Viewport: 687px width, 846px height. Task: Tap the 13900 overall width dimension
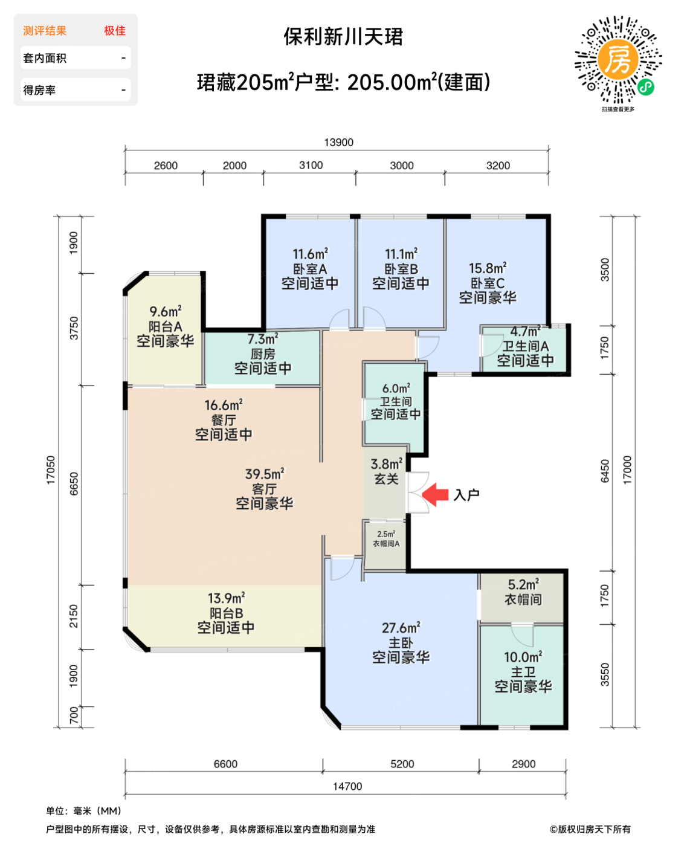coord(338,142)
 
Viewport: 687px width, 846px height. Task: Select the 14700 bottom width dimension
coord(347,786)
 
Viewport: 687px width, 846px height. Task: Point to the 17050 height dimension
coord(51,470)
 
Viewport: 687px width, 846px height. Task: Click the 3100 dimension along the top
coord(311,165)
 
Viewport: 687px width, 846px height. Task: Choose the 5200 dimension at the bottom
coord(402,764)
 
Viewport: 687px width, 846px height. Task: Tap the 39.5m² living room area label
coord(265,474)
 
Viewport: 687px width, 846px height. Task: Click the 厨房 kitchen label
coord(262,354)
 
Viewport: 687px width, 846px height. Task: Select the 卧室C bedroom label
coord(488,283)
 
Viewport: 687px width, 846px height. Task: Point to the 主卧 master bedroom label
coord(401,642)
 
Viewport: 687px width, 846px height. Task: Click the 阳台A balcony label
coord(165,326)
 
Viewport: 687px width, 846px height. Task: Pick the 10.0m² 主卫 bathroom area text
coord(523,657)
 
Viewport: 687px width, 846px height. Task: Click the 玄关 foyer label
coord(386,479)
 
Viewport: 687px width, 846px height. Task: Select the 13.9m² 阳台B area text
coord(227,598)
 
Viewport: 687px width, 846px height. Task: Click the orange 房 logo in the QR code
coord(618,60)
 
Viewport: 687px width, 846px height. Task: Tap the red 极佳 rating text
coord(115,31)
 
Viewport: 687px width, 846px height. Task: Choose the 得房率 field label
coord(39,90)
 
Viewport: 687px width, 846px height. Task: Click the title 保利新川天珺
coord(343,37)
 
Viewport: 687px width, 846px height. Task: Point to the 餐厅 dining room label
coord(224,420)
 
